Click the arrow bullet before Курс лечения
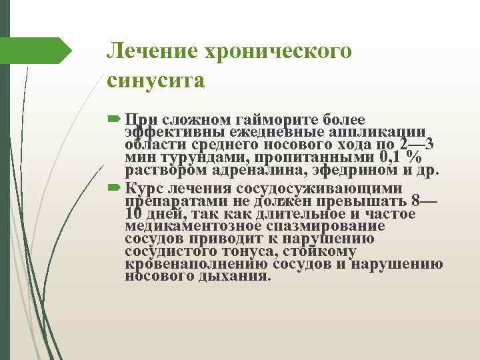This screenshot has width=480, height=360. click(113, 187)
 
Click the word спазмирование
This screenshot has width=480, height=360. click(317, 226)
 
